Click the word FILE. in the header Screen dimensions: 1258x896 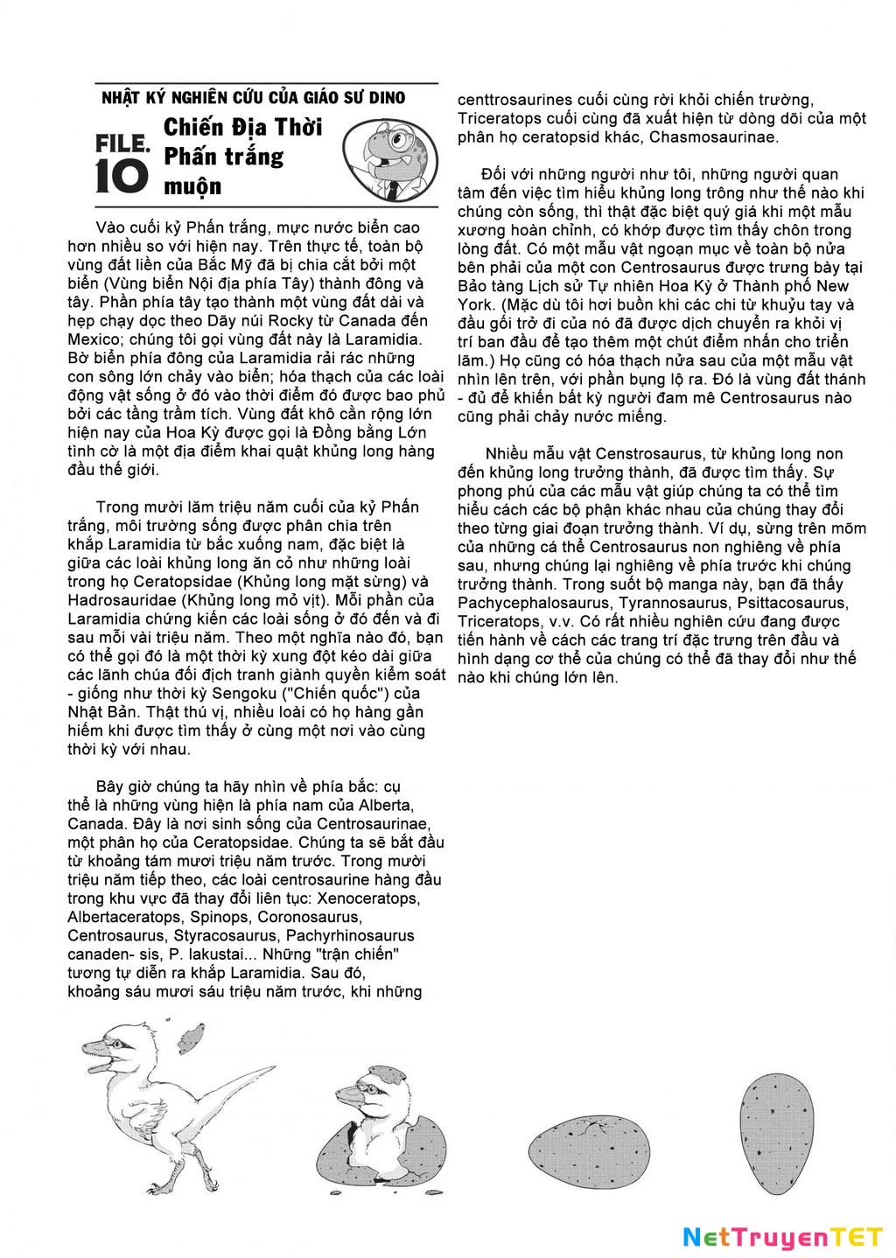click(x=122, y=143)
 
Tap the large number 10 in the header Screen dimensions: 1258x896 click(x=122, y=176)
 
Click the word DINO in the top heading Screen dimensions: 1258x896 click(x=387, y=97)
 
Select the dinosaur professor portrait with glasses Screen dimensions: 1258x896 click(x=389, y=158)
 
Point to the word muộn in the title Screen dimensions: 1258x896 click(x=192, y=186)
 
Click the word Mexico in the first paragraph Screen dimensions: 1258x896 click(x=95, y=339)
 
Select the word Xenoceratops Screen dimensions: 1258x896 click(x=368, y=898)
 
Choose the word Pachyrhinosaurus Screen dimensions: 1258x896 click(x=350, y=936)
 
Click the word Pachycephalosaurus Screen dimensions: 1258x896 click(x=533, y=603)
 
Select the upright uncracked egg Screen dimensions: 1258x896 click(x=773, y=1134)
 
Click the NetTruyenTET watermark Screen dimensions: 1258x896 click(x=783, y=1237)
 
